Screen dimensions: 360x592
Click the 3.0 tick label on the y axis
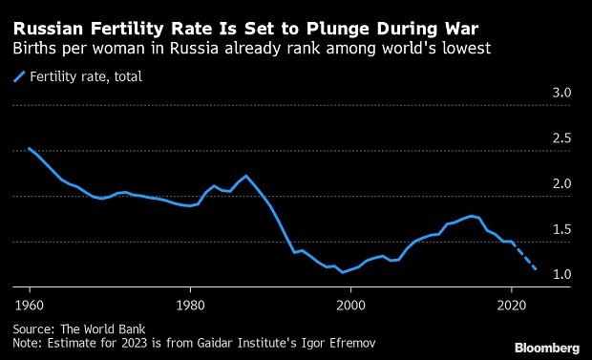[562, 93]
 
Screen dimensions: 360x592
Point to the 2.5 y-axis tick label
[562, 138]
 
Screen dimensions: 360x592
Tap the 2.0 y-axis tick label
[562, 184]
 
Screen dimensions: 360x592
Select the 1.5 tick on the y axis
[562, 229]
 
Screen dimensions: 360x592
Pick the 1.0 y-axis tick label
[562, 275]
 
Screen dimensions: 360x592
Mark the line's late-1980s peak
[246, 176]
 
